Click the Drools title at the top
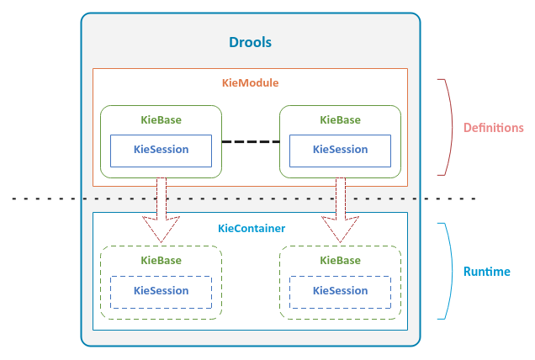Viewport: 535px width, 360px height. [251, 42]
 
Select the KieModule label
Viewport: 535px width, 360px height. [250, 82]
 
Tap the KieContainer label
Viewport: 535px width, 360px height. [251, 228]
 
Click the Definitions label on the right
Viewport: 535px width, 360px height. [493, 128]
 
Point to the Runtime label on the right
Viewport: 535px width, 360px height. [486, 273]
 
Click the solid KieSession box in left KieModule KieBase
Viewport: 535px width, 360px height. [161, 150]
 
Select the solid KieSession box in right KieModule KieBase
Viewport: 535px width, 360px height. [340, 150]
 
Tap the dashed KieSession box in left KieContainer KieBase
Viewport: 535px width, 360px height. [161, 291]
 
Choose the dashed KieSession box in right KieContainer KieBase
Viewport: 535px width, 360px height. [340, 291]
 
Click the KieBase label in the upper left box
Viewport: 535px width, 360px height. [161, 119]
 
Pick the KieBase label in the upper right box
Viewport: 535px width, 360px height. [340, 119]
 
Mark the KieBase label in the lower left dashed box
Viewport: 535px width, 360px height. [161, 261]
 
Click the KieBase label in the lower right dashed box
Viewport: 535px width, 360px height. [340, 261]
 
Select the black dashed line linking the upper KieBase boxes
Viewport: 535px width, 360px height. [250, 141]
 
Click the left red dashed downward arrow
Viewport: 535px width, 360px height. [161, 202]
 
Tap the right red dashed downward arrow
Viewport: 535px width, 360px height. [341, 202]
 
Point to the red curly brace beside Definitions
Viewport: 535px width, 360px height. [447, 128]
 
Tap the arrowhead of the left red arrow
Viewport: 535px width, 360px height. [161, 230]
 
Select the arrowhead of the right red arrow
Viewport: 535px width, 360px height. [341, 230]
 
